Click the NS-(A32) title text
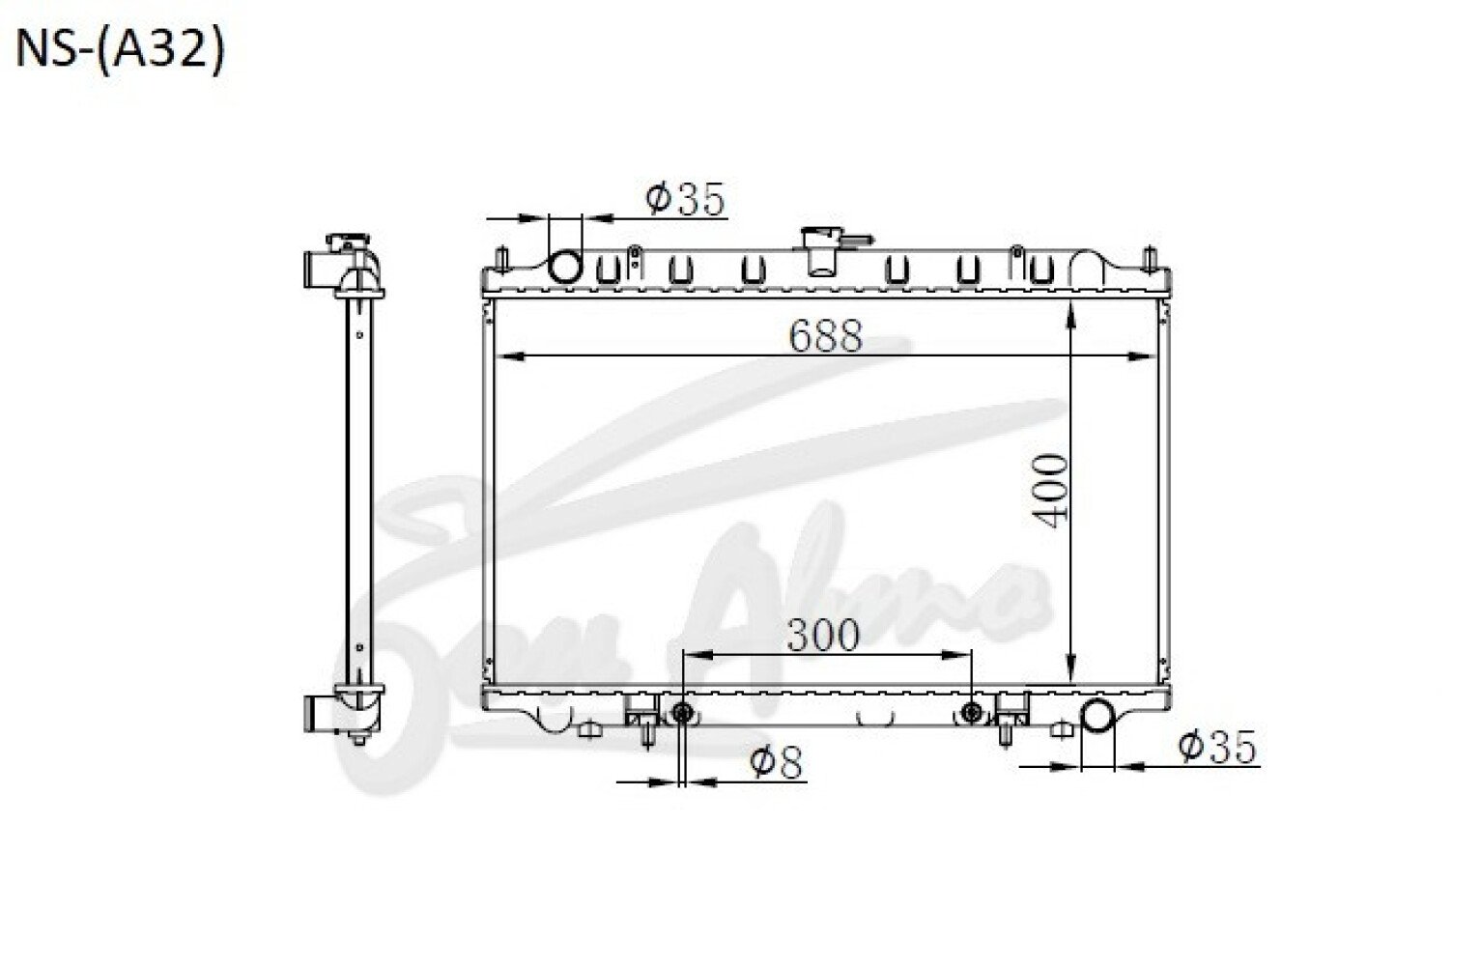120,51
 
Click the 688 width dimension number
826,335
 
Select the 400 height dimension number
1050,492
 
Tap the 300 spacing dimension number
823,635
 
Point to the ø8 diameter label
776,762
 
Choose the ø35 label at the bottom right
1216,747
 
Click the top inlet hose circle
566,268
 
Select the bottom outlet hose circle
1097,716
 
